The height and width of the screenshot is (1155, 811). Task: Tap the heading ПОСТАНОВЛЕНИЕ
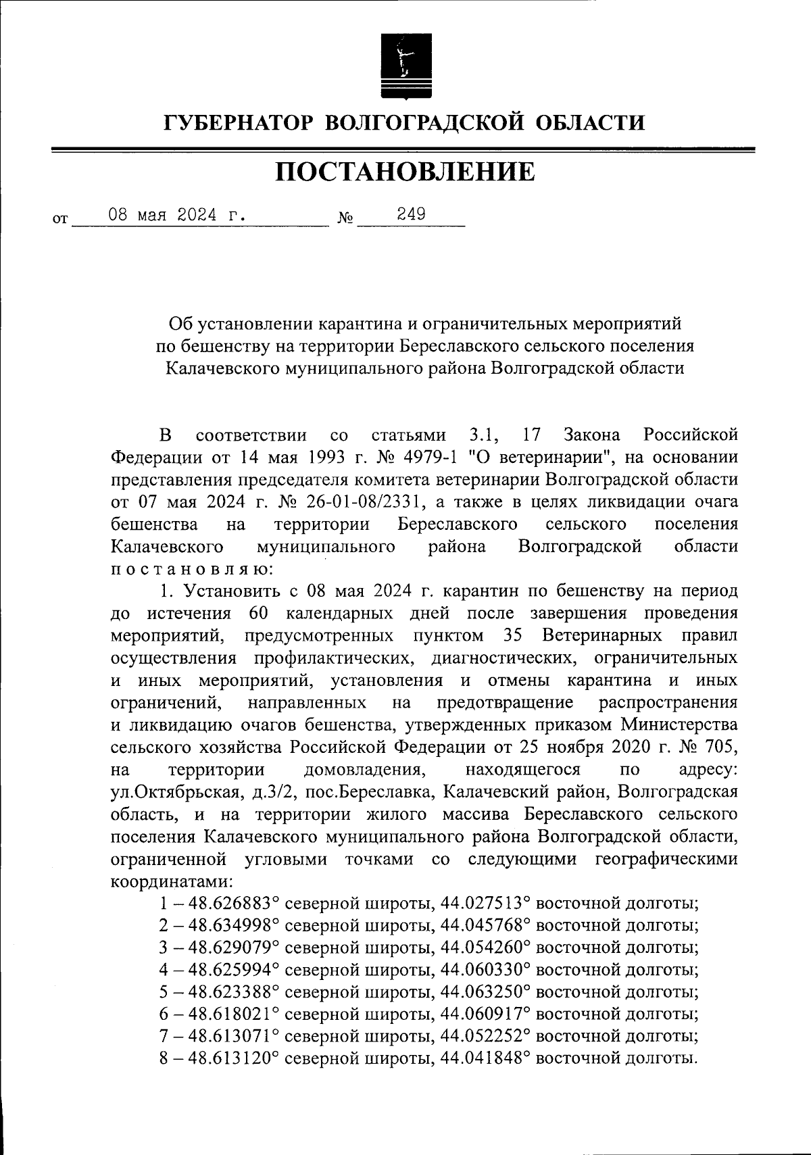(405, 172)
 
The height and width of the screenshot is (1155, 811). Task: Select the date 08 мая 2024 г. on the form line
(176, 216)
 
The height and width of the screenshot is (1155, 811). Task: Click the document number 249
(411, 215)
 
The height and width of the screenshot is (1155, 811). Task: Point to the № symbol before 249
(345, 220)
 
